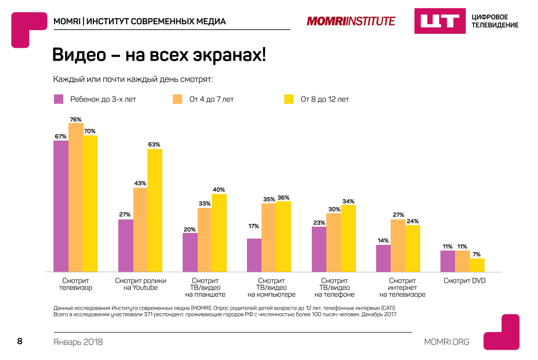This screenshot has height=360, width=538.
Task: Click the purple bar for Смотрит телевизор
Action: [x=61, y=206]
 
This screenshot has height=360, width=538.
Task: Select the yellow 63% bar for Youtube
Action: [x=155, y=210]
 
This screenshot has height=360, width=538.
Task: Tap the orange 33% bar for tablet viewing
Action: [x=204, y=240]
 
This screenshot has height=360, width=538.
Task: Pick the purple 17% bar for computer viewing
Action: [x=254, y=255]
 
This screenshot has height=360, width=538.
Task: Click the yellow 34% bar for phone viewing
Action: [x=348, y=238]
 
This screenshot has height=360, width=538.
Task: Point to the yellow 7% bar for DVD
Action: [x=477, y=265]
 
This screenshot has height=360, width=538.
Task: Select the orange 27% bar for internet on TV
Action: [x=398, y=245]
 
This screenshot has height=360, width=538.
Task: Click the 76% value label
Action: [x=76, y=119]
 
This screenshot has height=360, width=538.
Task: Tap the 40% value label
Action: [x=219, y=190]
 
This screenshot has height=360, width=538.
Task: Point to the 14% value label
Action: [x=383, y=241]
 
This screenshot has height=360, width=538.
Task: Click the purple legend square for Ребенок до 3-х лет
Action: [x=59, y=99]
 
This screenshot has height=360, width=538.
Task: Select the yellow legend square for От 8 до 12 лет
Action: [x=289, y=99]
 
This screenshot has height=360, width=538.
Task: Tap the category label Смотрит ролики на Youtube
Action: [x=140, y=284]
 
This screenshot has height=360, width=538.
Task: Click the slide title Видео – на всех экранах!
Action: [x=159, y=56]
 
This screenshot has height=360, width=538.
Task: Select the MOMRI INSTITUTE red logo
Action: [x=351, y=21]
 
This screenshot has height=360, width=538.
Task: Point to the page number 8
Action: [x=20, y=341]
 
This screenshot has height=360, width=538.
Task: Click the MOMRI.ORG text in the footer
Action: [x=446, y=341]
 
